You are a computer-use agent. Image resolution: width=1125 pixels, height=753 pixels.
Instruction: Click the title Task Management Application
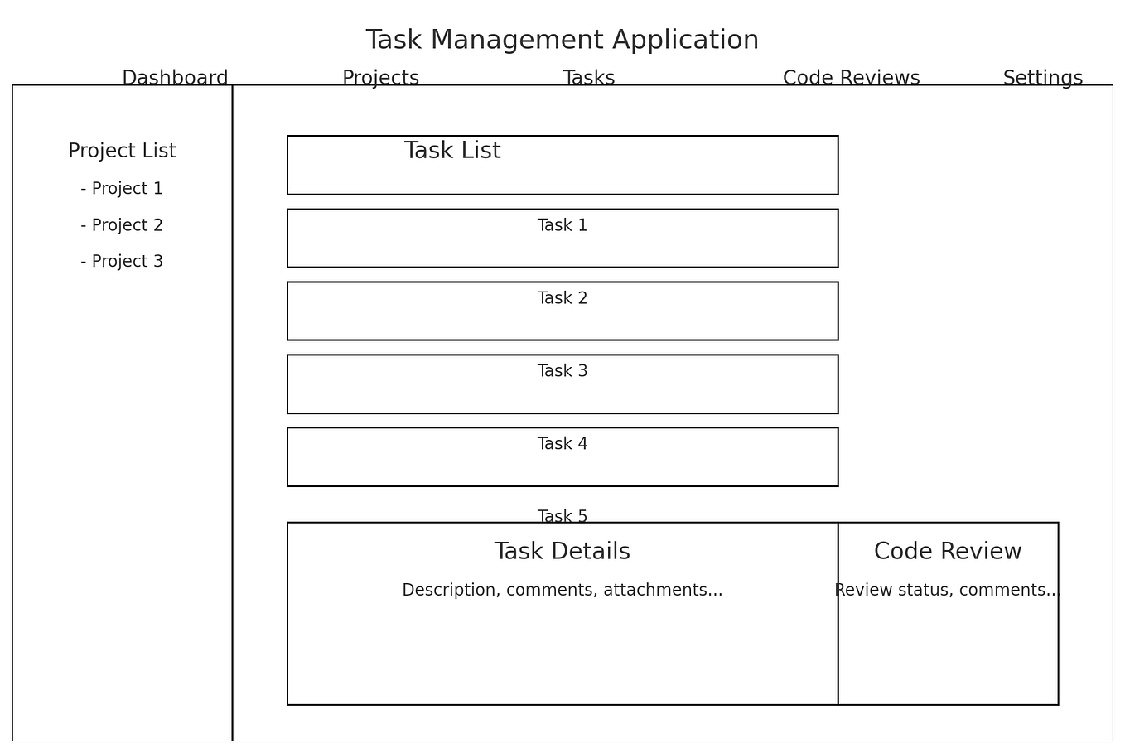(562, 40)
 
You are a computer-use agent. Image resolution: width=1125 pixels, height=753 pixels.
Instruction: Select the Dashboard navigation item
(175, 78)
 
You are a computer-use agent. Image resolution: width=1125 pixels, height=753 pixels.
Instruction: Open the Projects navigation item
(380, 78)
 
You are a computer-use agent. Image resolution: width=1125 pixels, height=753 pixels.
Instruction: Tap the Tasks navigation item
(588, 78)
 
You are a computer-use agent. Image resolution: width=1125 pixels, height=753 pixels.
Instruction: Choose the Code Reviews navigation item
(851, 78)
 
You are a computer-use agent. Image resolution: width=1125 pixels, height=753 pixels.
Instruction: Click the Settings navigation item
(1042, 78)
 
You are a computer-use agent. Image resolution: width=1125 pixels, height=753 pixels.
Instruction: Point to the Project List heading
(122, 151)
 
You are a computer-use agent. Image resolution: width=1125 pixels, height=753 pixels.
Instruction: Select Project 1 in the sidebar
(122, 189)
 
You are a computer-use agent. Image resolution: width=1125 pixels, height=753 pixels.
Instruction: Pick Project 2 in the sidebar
(122, 225)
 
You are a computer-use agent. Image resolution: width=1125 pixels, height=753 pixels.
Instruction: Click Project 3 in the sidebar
(122, 262)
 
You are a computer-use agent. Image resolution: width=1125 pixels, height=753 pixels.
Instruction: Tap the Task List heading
(452, 151)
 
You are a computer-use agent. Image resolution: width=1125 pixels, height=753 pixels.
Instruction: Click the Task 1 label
(562, 225)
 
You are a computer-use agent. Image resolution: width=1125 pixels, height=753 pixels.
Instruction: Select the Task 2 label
(562, 298)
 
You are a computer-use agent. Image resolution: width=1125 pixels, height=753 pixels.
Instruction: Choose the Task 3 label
(562, 371)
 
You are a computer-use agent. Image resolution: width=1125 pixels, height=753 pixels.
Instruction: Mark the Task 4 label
(562, 444)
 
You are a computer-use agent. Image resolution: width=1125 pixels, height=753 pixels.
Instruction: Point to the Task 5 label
(562, 516)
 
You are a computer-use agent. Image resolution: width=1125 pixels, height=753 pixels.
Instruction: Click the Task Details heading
(562, 552)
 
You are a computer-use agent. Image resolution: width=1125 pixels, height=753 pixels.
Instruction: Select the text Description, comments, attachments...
(562, 591)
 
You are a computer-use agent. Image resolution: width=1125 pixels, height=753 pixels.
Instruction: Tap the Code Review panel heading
(948, 552)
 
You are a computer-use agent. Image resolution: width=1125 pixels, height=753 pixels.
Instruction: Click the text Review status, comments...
(948, 591)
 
